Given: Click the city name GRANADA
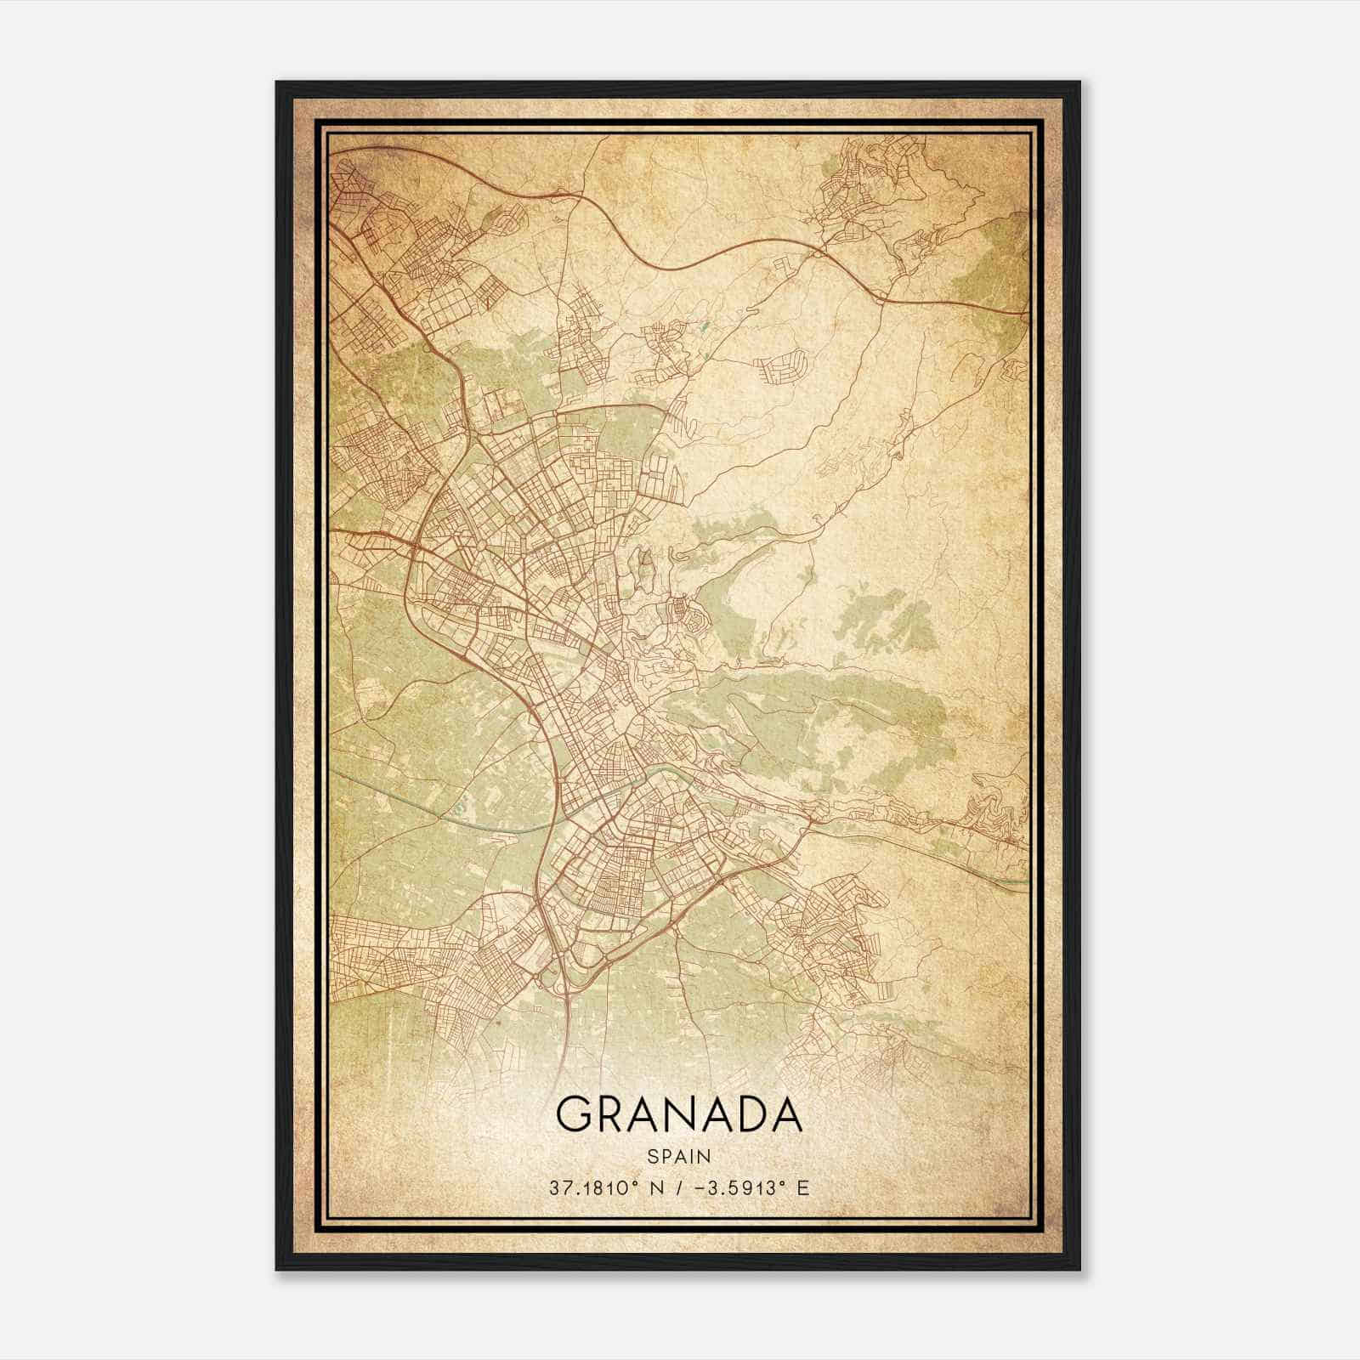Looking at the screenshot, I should [678, 1114].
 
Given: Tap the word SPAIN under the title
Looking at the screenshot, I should [678, 1156].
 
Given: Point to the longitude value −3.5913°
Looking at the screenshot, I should [737, 1187].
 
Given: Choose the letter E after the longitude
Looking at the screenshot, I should [802, 1187].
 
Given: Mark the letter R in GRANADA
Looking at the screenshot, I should [614, 1114].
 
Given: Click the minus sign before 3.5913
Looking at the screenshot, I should [702, 1187].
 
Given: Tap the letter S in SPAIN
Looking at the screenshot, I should [652, 1156].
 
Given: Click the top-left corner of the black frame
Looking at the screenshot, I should [278, 83].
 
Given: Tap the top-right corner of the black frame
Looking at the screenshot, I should [1079, 83].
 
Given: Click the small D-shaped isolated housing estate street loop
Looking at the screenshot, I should [777, 366].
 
